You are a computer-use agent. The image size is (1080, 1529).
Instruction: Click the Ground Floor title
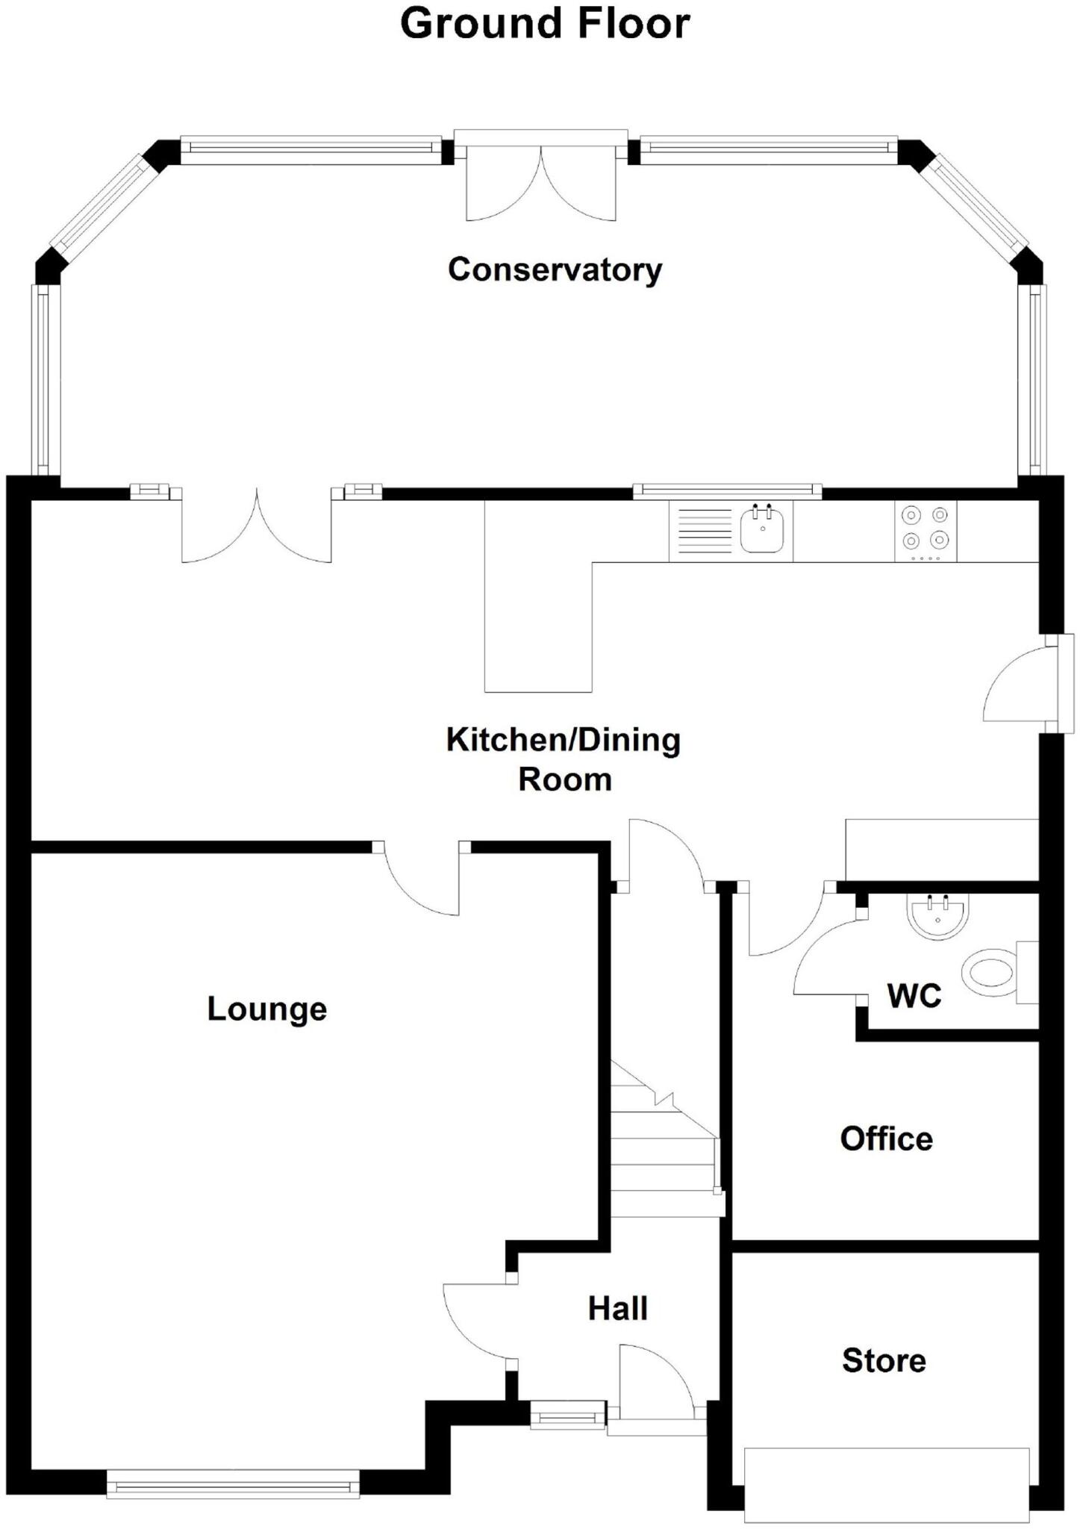point(545,24)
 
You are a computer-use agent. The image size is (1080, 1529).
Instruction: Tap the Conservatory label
point(555,270)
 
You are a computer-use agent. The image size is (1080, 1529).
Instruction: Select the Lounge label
point(266,1009)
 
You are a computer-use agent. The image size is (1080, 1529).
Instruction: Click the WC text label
point(914,996)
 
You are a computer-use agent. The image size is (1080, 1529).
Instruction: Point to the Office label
point(886,1139)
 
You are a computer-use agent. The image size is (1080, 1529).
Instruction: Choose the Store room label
point(884,1361)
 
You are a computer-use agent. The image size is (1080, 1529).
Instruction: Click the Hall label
point(617,1309)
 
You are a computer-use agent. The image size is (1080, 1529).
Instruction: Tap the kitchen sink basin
point(762,531)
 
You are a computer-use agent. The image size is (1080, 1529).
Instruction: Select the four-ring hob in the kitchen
point(925,531)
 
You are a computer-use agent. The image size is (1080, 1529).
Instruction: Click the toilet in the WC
point(990,973)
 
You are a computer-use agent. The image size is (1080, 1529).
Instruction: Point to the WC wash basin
point(937,918)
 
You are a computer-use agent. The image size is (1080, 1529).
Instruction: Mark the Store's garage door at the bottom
point(887,1485)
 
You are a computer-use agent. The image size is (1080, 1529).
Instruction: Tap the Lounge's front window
point(233,1483)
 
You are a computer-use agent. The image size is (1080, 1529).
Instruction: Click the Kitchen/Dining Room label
point(564,759)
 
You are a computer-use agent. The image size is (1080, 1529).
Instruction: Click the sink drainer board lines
point(704,531)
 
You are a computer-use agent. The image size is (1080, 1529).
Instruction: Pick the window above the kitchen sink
point(727,491)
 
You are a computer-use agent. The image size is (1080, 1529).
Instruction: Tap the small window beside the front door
point(567,1415)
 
